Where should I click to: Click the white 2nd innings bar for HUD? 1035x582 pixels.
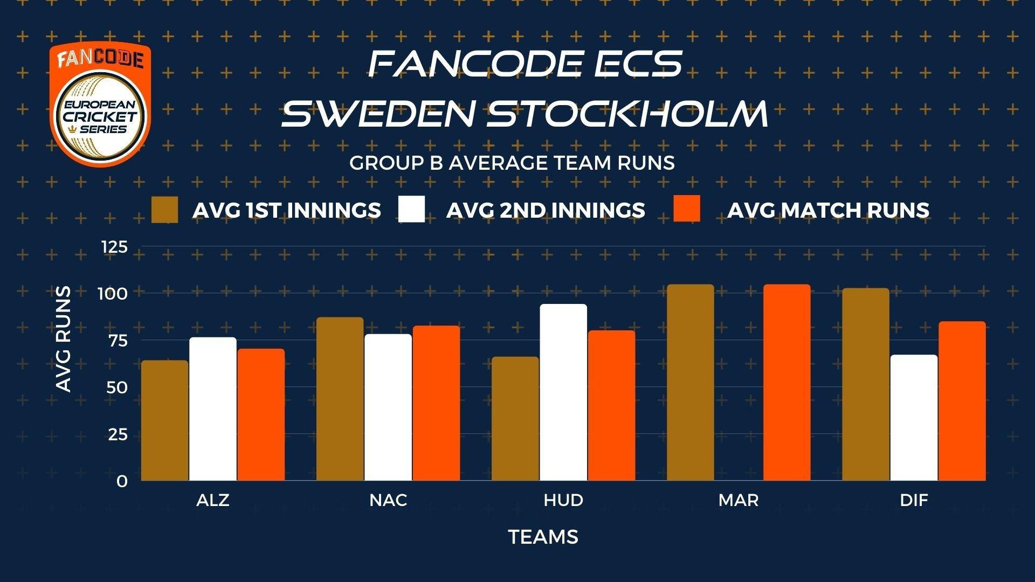pos(563,392)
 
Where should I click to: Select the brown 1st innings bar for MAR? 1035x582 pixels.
pos(691,383)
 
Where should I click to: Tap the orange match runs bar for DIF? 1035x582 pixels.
pos(962,401)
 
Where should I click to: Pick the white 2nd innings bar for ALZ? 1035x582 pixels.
pos(213,409)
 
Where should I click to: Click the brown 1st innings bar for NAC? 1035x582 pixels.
pos(340,399)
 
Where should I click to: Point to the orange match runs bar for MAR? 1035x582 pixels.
pos(787,383)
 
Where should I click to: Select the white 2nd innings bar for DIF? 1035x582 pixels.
pos(914,418)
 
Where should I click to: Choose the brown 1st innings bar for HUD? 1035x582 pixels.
pos(515,419)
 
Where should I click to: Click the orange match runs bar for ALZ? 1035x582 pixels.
pos(261,414)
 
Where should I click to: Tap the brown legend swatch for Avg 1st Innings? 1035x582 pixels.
pos(164,210)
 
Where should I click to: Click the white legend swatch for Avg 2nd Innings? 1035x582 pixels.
pos(411,209)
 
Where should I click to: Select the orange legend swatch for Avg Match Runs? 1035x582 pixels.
pos(687,209)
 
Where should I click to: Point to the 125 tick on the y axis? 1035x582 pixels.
pos(115,247)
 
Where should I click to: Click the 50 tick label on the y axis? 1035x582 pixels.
pos(117,387)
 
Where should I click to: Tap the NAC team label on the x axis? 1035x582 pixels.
pos(388,500)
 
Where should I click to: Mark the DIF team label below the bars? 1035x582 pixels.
pos(914,500)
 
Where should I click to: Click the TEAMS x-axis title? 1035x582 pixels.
pos(543,537)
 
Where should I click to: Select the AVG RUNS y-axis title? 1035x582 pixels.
pos(64,339)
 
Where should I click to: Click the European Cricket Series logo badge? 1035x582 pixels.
pos(100,104)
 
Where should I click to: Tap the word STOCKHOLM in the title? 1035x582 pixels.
pos(628,114)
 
